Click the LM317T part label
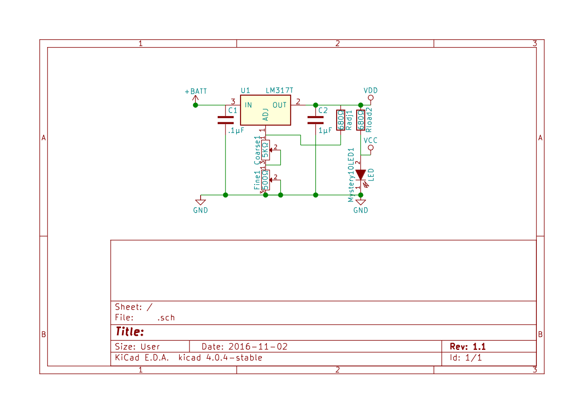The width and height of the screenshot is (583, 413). point(279,90)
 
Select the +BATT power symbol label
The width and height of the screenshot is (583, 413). point(196,92)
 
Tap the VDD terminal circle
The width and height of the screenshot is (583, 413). point(371,98)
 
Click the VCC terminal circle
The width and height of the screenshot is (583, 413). point(371,148)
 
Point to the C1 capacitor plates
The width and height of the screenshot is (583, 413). point(225,120)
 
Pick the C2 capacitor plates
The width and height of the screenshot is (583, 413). point(315,120)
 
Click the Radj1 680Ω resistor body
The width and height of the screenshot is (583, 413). point(341,120)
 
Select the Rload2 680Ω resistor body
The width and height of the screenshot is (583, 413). point(360,120)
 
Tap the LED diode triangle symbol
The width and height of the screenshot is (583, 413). point(360,175)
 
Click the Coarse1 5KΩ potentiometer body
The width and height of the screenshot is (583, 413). point(265,150)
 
